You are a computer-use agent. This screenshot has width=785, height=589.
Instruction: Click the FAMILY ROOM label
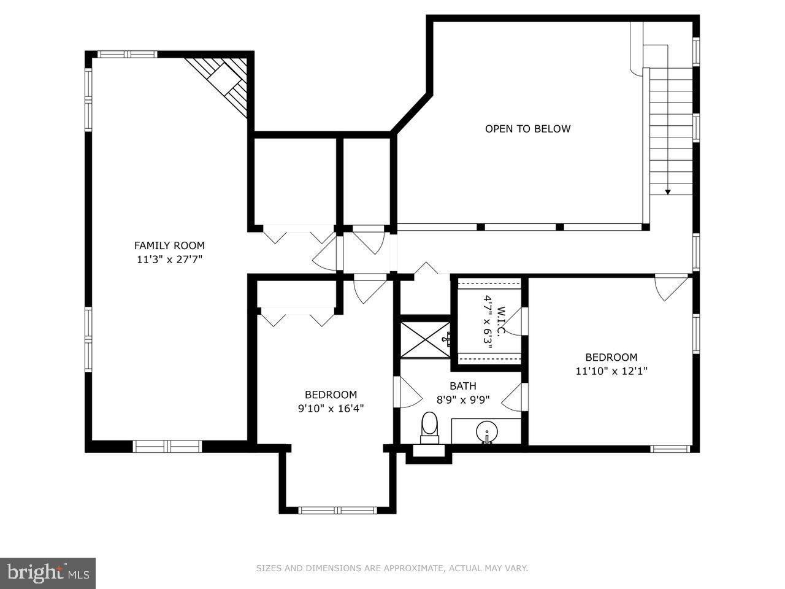point(169,245)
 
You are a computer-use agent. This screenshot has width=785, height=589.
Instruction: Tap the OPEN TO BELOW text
point(527,129)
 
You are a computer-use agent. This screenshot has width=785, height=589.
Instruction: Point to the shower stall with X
point(426,338)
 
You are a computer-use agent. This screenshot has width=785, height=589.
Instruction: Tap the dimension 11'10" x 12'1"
point(611,371)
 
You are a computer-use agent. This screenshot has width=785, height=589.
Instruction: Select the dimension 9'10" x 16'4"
point(331,408)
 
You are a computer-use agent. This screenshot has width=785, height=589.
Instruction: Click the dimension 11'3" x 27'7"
point(169,260)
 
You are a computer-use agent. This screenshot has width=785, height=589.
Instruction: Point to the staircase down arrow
point(668,191)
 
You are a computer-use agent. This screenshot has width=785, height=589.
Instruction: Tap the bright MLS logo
point(47,573)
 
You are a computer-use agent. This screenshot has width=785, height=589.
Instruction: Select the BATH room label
point(462,386)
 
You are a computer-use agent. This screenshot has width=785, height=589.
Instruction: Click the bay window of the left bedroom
point(337,510)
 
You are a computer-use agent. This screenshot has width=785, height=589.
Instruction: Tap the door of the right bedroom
point(670,287)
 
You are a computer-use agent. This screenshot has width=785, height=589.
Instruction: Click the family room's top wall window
point(128,54)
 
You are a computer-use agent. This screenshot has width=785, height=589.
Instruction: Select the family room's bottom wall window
point(167,447)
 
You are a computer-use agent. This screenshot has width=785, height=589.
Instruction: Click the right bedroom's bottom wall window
point(670,448)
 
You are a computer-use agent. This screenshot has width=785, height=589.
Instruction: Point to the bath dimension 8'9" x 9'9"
point(462,399)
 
